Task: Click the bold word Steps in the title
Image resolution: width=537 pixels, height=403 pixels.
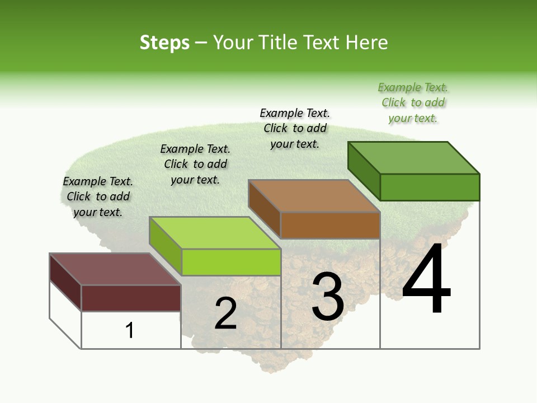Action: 164,43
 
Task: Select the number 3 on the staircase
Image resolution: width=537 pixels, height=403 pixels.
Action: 328,297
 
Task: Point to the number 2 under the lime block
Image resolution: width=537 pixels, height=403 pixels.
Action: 225,314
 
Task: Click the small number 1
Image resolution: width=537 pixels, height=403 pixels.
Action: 129,330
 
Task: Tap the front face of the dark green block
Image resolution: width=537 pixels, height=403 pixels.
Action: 430,187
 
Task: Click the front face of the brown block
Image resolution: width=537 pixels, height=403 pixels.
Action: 330,225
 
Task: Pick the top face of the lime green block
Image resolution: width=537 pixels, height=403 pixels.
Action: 215,233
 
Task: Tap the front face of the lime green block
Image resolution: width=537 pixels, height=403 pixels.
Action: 231,262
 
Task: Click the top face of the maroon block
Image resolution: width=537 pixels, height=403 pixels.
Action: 115,269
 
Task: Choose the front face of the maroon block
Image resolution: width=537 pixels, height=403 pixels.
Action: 131,298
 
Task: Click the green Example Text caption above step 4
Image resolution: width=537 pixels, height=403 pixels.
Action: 413,103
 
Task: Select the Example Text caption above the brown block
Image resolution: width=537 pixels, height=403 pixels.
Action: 295,128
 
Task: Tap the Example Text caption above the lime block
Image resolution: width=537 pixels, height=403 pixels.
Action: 195,164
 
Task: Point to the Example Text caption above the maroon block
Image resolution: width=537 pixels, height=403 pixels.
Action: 98,196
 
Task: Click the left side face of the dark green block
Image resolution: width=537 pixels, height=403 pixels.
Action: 364,171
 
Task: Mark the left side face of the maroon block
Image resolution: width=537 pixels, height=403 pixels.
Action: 65,282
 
